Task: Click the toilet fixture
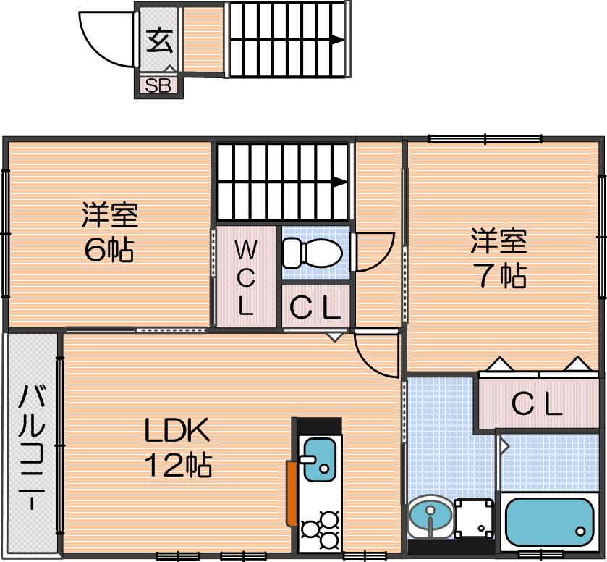[313, 253]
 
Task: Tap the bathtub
[550, 521]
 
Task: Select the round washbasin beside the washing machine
[430, 516]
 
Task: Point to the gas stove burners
[320, 528]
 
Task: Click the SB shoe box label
[158, 86]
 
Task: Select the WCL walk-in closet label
[245, 277]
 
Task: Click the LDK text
[177, 430]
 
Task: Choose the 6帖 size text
[109, 250]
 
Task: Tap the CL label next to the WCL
[315, 308]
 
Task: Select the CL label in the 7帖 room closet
[537, 404]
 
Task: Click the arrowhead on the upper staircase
[337, 40]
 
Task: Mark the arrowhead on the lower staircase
[339, 182]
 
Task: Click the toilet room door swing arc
[378, 255]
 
